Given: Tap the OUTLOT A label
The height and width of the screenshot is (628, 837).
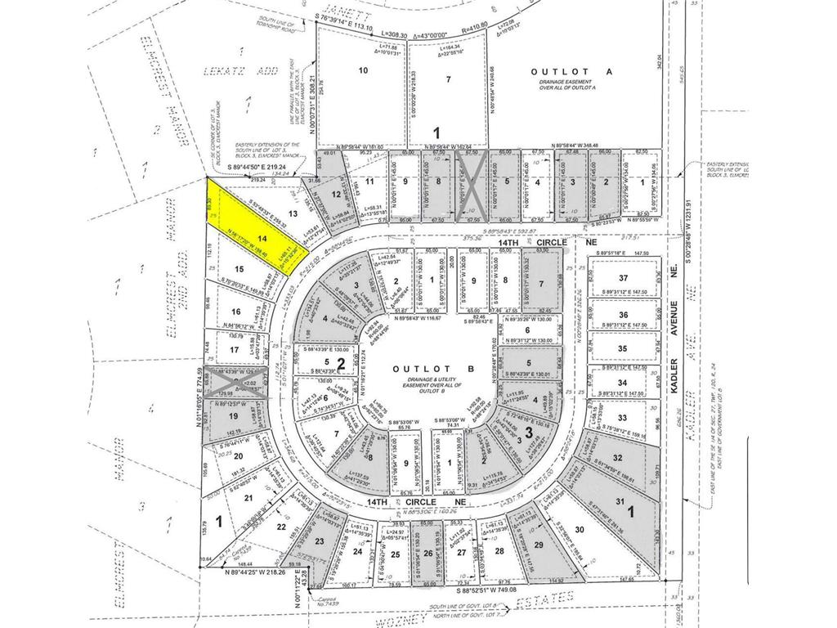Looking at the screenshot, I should [560, 72].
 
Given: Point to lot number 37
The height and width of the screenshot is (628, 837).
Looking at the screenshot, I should [623, 279].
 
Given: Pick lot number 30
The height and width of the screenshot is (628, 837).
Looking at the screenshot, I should [580, 530].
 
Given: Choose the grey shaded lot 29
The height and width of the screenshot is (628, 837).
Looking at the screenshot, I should [538, 544].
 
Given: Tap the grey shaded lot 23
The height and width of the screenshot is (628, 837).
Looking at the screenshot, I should [320, 541].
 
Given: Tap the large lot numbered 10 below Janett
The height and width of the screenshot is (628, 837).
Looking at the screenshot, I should [363, 71].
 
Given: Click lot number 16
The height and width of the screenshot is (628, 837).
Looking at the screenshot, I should [235, 312].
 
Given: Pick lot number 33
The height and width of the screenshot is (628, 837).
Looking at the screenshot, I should [623, 418].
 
